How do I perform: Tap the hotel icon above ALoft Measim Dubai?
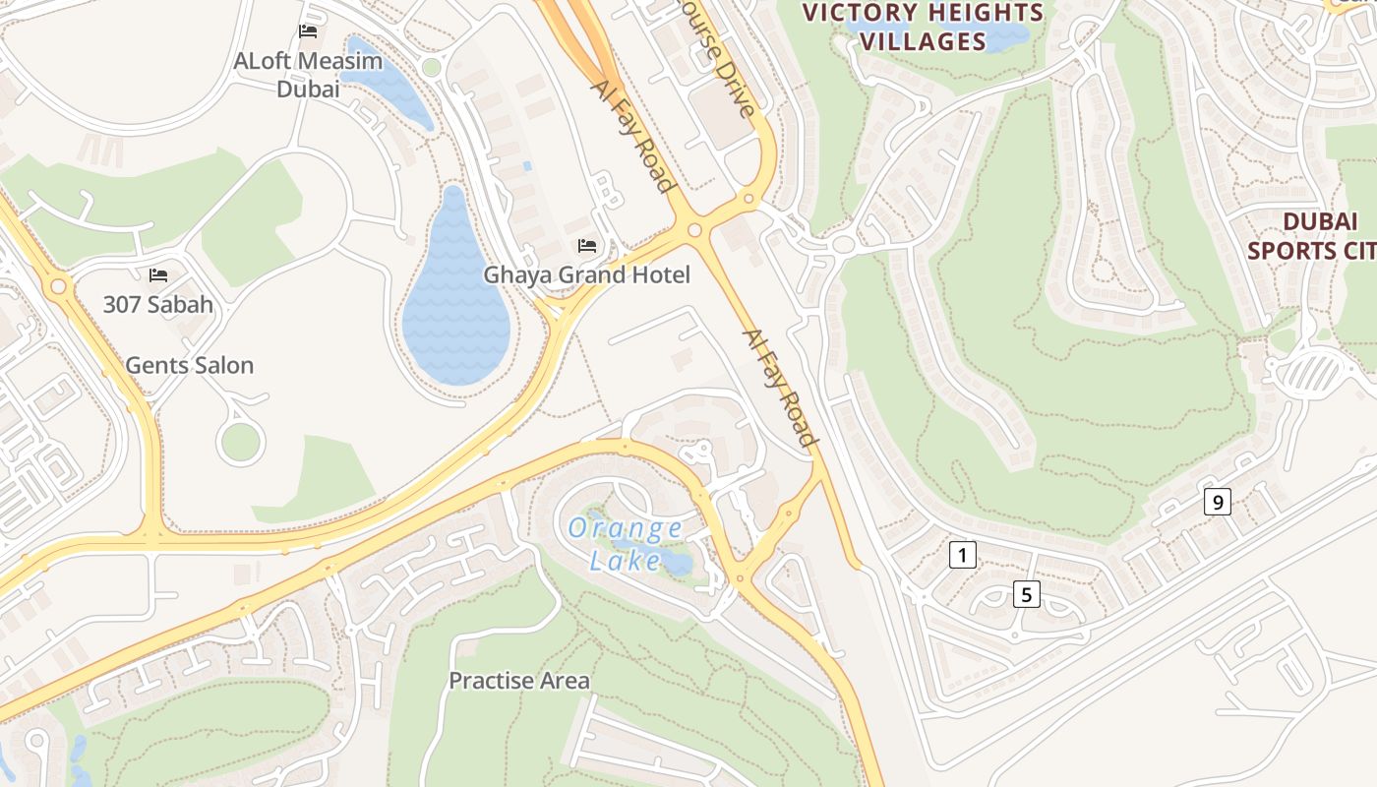[x=308, y=31]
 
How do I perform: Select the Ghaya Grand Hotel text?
[x=586, y=274]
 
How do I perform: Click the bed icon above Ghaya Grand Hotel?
[x=587, y=245]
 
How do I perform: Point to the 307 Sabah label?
[x=158, y=304]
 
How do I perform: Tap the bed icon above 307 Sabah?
[x=158, y=275]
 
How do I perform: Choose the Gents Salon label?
[x=189, y=365]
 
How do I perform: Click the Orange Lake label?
[x=626, y=544]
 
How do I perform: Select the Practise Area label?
[x=519, y=680]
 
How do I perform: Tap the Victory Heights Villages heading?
[x=922, y=27]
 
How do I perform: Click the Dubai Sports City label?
[x=1311, y=235]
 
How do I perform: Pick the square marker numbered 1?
[x=962, y=555]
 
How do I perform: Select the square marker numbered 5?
[x=1026, y=594]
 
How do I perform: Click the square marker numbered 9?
[x=1218, y=502]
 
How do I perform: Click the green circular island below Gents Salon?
[x=240, y=443]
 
